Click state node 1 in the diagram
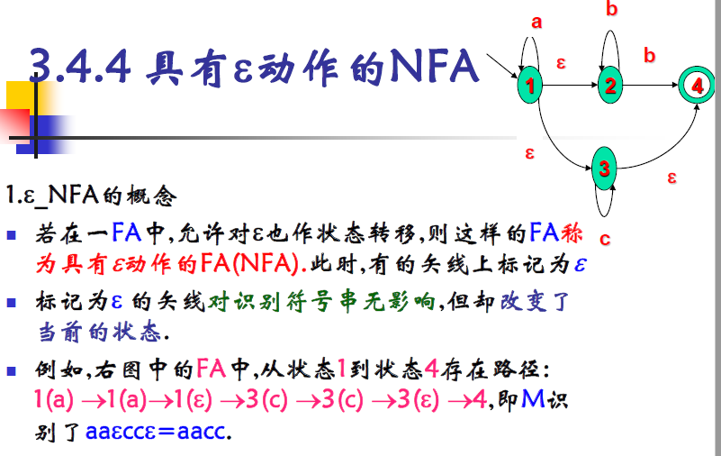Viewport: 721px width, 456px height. pyautogui.click(x=531, y=87)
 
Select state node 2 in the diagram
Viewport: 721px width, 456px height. pyautogui.click(x=610, y=87)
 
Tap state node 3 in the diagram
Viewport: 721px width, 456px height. pyautogui.click(x=605, y=169)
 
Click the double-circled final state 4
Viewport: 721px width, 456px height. pyautogui.click(x=696, y=86)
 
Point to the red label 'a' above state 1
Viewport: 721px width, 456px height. pyautogui.click(x=536, y=23)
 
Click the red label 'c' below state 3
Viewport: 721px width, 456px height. pyautogui.click(x=605, y=239)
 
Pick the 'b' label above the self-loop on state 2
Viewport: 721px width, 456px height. pyautogui.click(x=612, y=10)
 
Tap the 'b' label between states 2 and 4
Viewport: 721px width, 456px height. pyautogui.click(x=649, y=56)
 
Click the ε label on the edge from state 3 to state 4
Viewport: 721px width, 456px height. pyautogui.click(x=671, y=177)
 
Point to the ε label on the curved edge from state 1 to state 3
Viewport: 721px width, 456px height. pyautogui.click(x=530, y=153)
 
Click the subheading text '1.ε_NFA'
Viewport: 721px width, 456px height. pyautogui.click(x=45, y=194)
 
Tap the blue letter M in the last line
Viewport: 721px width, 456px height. pyautogui.click(x=532, y=397)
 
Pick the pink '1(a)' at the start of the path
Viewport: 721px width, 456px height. pyautogui.click(x=53, y=398)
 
